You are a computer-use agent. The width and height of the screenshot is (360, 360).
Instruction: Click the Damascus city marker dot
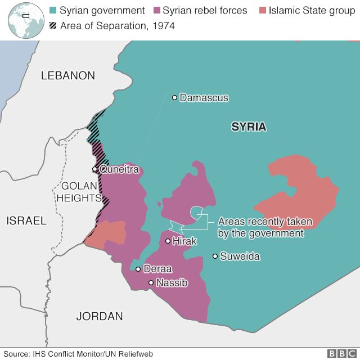[x=174, y=98]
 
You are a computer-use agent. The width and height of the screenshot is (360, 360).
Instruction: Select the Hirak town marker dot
[x=168, y=241]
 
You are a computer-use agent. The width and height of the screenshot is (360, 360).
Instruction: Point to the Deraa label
[x=158, y=269]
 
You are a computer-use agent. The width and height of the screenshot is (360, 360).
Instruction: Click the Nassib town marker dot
[x=151, y=283]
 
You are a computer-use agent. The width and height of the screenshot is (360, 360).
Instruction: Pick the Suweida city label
[x=240, y=256]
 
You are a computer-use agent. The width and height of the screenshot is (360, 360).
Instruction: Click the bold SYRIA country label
[x=249, y=127]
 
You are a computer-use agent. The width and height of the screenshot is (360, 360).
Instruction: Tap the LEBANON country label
[x=68, y=76]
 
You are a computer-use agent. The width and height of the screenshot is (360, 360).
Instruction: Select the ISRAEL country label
[x=26, y=221]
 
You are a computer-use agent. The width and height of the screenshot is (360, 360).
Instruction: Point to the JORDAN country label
[x=100, y=316]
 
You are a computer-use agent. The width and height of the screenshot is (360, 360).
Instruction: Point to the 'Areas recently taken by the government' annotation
[x=260, y=227]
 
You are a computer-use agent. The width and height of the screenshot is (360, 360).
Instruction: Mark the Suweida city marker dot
[x=215, y=256]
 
